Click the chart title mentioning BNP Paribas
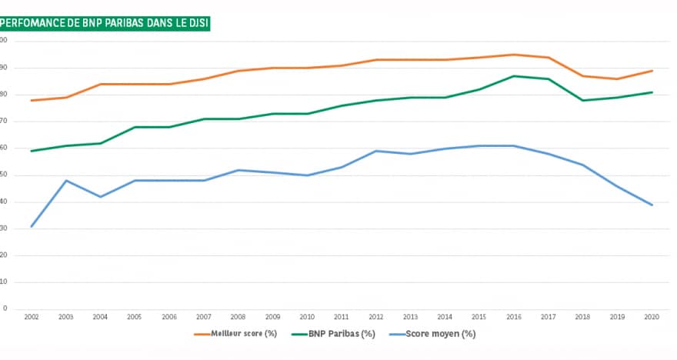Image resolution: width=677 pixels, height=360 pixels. click(106, 23)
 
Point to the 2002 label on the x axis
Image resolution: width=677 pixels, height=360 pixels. click(32, 317)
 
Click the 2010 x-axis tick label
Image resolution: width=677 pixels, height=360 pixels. click(308, 317)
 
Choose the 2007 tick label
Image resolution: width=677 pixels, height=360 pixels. click(204, 317)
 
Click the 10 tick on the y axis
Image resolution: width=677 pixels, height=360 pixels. click(5, 282)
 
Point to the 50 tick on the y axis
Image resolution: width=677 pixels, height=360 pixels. click(5, 175)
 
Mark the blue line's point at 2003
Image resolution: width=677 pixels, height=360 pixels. click(66, 181)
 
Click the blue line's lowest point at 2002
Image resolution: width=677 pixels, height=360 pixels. click(32, 226)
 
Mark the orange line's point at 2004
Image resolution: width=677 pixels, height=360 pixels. click(101, 84)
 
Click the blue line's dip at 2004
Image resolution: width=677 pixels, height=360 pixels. click(101, 197)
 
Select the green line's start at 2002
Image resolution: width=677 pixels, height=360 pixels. click(32, 151)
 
